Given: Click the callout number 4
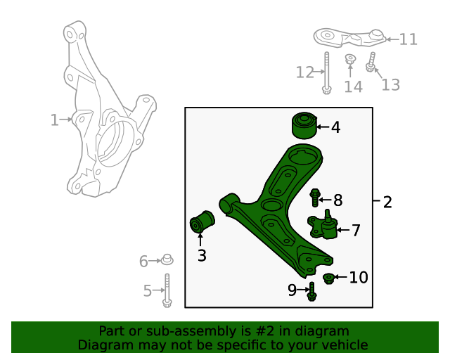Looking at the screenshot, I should click(335, 128).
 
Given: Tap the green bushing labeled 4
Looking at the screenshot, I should click(304, 125).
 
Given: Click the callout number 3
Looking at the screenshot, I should click(202, 256).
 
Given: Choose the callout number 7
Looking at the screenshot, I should click(356, 230).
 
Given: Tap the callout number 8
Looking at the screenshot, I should click(337, 200).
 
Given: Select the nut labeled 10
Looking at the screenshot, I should click(328, 279).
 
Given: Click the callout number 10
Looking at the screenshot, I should click(359, 278).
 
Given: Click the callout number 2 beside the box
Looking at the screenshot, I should click(387, 202).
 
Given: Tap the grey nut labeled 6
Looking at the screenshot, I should click(167, 260).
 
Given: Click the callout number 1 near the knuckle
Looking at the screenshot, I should click(54, 120).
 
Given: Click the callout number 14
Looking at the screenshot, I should click(353, 86).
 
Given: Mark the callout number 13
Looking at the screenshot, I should click(390, 85).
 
